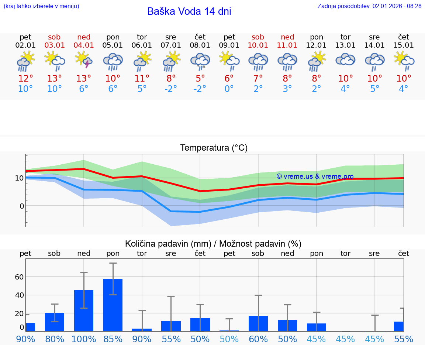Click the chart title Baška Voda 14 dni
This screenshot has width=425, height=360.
[x=189, y=11]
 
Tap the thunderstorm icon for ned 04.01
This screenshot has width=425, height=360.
[x=84, y=60]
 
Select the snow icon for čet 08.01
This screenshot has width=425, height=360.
[x=200, y=61]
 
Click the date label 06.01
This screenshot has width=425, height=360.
[x=142, y=45]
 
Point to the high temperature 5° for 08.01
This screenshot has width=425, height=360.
[x=200, y=79]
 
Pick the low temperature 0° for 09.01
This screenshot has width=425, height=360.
[x=229, y=89]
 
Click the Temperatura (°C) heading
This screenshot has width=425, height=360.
[x=214, y=148]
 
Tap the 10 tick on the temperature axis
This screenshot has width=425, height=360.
[x=19, y=178]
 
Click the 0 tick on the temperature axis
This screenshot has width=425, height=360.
[x=21, y=206]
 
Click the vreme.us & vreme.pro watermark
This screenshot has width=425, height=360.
[x=315, y=176]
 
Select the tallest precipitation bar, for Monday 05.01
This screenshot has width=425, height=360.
[x=113, y=305]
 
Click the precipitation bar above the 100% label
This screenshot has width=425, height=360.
[x=84, y=310]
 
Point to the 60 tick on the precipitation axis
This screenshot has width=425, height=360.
[x=19, y=277]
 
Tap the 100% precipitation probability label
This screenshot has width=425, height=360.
[x=84, y=339]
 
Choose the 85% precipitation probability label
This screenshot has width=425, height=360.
[x=113, y=339]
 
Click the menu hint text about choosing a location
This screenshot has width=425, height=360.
[x=41, y=6]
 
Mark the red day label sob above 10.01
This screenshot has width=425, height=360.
[x=258, y=37]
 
